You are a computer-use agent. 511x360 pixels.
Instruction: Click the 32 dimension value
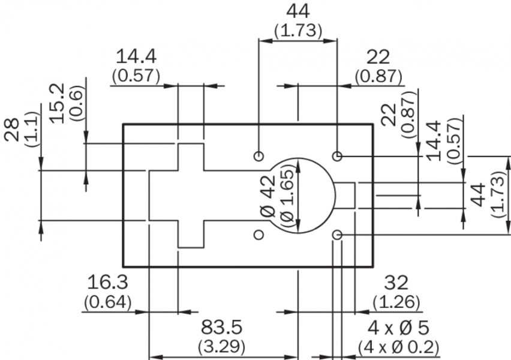pos(396,282)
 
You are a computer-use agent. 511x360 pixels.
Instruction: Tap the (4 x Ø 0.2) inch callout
pos(399,347)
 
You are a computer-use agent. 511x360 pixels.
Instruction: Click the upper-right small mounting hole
pos(338,156)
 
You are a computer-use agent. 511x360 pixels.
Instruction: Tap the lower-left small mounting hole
pos(259,235)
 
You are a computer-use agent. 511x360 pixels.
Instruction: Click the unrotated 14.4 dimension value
pos(136,57)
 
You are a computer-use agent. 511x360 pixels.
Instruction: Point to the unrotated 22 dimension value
pos(378,57)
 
